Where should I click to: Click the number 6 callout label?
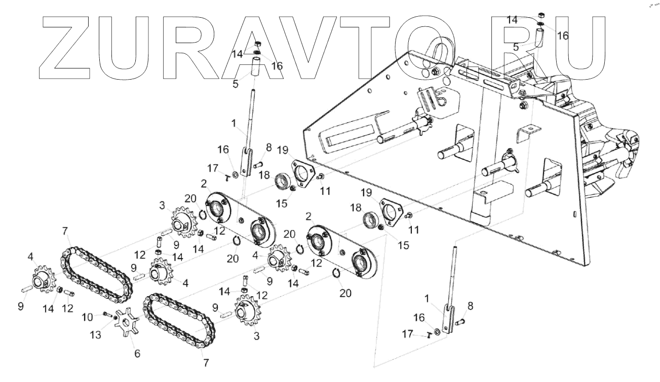coord(137,354)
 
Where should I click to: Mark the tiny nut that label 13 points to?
coord(117,318)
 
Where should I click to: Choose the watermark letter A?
coord(256,48)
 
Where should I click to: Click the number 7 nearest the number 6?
coord(206,363)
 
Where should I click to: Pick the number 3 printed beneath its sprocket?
coord(256,336)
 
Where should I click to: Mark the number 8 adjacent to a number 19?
coord(268,147)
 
